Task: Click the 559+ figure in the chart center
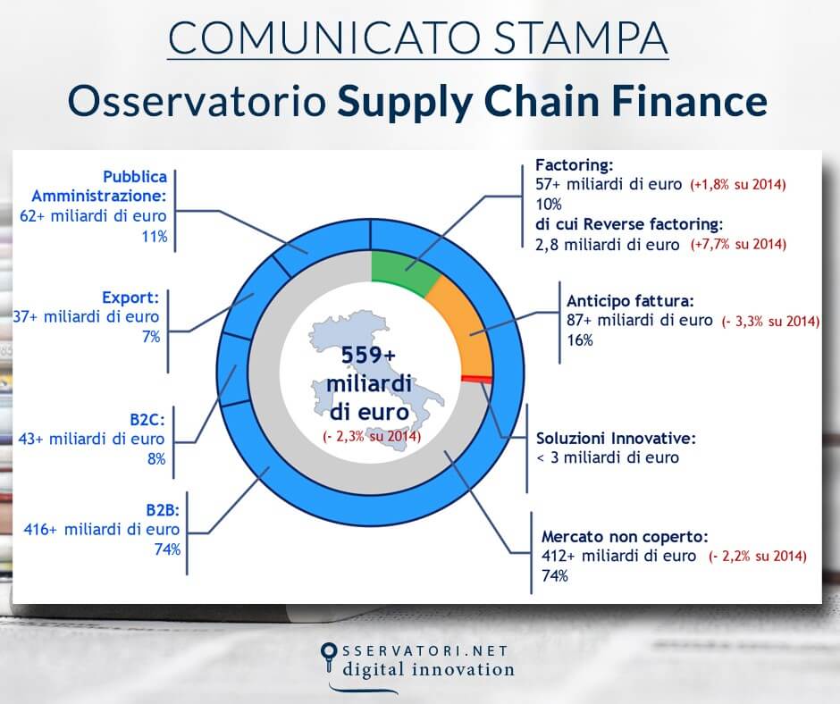click(x=367, y=355)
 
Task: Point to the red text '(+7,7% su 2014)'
click(x=736, y=244)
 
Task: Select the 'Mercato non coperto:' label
click(x=625, y=537)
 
